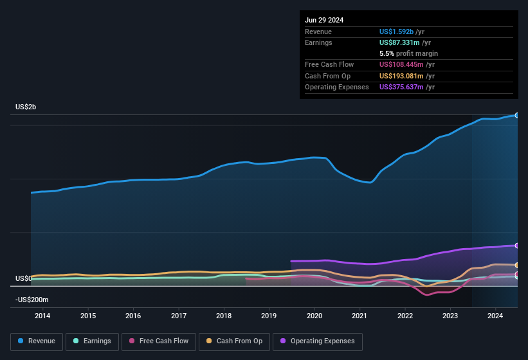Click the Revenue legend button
[x=37, y=341]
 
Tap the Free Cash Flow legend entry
[x=159, y=341]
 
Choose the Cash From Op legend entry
[x=235, y=341]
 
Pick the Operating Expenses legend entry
[x=317, y=341]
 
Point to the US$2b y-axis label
[x=26, y=107]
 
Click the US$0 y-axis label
[x=23, y=278]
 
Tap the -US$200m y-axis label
[x=32, y=300]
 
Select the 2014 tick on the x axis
[x=42, y=316]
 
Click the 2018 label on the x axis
[x=224, y=316]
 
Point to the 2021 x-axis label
[x=360, y=316]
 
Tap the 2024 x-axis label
[x=495, y=316]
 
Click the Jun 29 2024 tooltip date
[x=324, y=20]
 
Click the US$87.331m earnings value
[x=401, y=42]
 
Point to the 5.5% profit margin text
[x=409, y=53]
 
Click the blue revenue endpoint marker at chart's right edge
[x=517, y=115]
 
